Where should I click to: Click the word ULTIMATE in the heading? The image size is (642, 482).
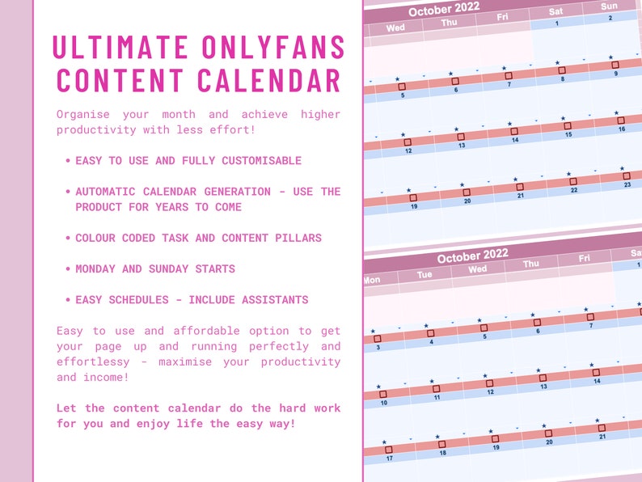(120, 47)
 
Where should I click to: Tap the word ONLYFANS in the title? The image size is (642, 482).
(273, 47)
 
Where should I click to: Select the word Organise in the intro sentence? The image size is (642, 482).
(83, 114)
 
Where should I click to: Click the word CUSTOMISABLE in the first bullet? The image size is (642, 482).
(262, 160)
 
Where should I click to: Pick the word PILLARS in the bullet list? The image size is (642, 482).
(298, 238)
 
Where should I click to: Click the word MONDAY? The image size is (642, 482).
(95, 268)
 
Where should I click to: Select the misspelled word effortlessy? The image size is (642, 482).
(93, 362)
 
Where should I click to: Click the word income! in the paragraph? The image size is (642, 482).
(106, 377)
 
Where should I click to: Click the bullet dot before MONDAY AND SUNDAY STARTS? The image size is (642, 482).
(68, 268)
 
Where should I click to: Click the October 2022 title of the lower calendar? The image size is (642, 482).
(472, 256)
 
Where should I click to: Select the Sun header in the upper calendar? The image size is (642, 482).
(609, 6)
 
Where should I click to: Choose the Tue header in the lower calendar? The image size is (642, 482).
(424, 274)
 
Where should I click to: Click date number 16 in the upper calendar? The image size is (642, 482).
(622, 129)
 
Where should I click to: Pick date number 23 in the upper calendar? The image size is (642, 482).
(627, 184)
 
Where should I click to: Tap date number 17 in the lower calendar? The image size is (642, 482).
(389, 459)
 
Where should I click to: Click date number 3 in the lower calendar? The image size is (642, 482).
(378, 347)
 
